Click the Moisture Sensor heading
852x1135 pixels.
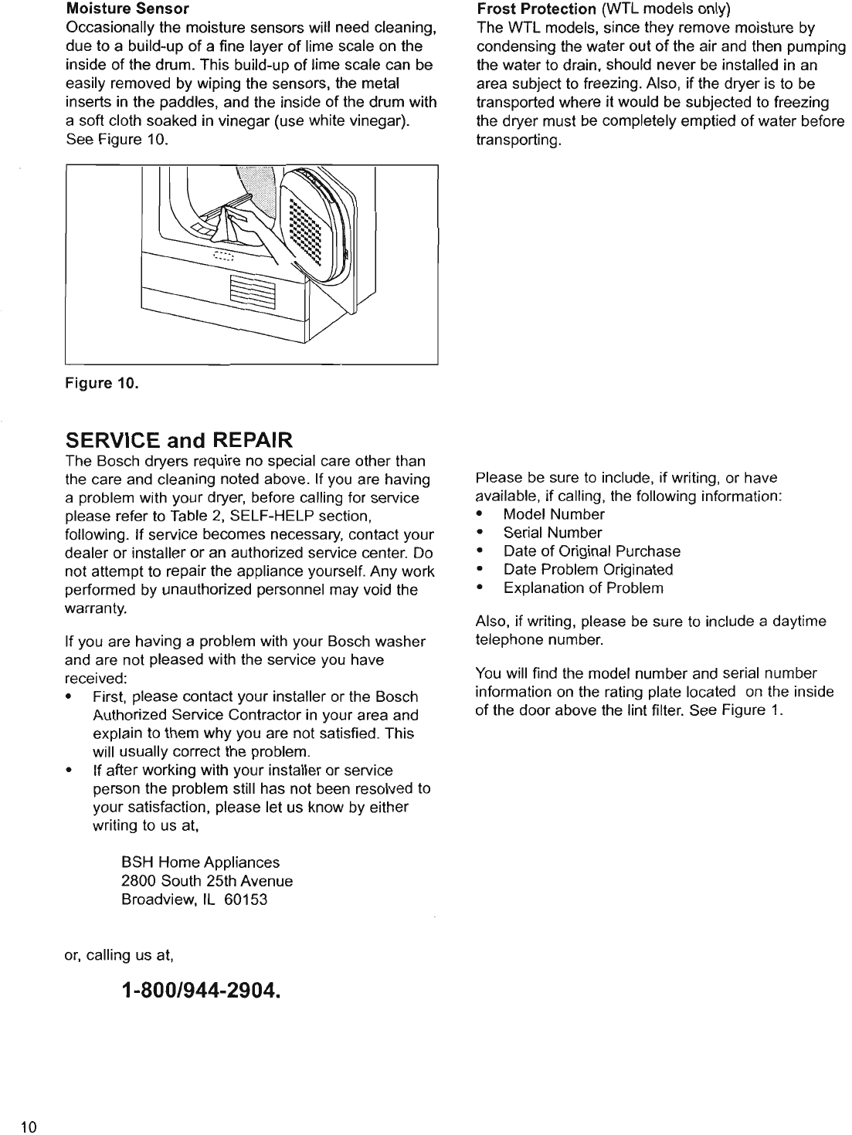[x=127, y=10]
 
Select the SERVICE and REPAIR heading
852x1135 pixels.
[x=178, y=441]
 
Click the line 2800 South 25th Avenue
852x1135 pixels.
[x=207, y=881]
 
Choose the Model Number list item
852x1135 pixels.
[x=553, y=514]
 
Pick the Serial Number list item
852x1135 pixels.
[x=552, y=533]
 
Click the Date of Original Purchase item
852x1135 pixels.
[x=592, y=551]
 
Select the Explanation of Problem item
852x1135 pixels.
[x=583, y=588]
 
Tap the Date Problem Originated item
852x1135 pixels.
[x=588, y=570]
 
